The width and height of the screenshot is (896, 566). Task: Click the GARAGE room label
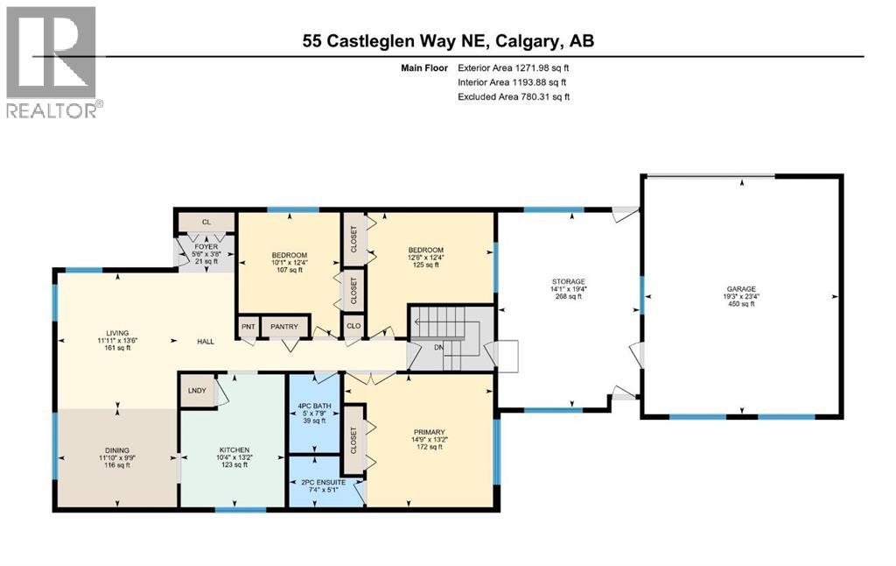[741, 288]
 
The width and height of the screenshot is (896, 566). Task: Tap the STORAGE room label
[568, 281]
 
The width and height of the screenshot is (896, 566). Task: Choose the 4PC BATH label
[313, 406]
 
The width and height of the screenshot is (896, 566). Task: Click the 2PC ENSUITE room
[324, 483]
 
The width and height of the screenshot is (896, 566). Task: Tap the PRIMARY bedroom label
[430, 432]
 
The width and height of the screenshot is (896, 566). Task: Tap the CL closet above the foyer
[206, 223]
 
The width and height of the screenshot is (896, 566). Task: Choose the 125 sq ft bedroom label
[426, 250]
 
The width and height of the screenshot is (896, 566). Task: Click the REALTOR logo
[53, 61]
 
